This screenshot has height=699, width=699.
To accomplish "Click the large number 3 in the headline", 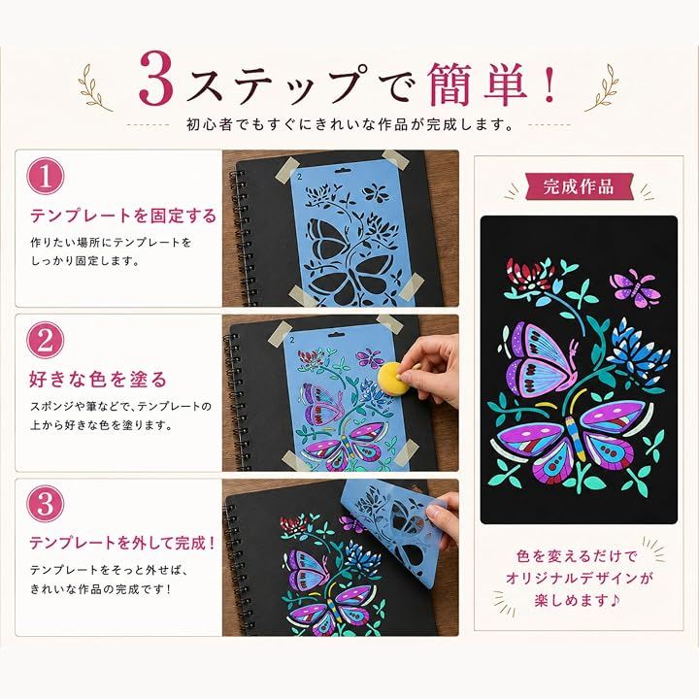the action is point(155,79).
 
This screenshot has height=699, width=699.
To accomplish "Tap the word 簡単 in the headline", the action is point(478,83).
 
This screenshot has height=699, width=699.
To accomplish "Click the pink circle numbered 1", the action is point(46,176).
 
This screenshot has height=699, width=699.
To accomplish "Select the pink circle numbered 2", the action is point(46,340).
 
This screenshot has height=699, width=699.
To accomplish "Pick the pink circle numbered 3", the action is point(46,504).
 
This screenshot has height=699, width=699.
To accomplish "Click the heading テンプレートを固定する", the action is point(123,216).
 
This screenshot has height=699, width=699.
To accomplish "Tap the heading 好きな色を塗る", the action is point(98,380).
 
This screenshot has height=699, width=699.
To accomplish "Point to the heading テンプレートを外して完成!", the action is point(122,543).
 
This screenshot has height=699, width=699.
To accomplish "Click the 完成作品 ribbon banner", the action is point(579,186).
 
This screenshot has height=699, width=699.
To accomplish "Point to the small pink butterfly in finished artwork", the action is point(634,286).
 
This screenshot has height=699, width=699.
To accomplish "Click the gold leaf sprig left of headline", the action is point(93,87).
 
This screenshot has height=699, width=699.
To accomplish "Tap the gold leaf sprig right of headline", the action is point(602,87).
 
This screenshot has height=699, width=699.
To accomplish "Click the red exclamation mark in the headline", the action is point(549,84).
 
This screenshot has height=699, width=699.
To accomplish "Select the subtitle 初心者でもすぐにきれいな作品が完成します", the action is point(349,124).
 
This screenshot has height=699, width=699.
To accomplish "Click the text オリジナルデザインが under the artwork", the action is point(579,579).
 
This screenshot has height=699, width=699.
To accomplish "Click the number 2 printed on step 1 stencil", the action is point(300,177).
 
